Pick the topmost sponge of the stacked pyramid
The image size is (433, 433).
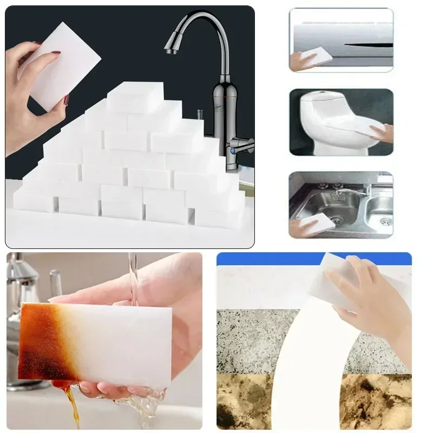(x=135, y=96)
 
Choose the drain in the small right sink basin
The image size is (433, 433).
(x=385, y=221)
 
